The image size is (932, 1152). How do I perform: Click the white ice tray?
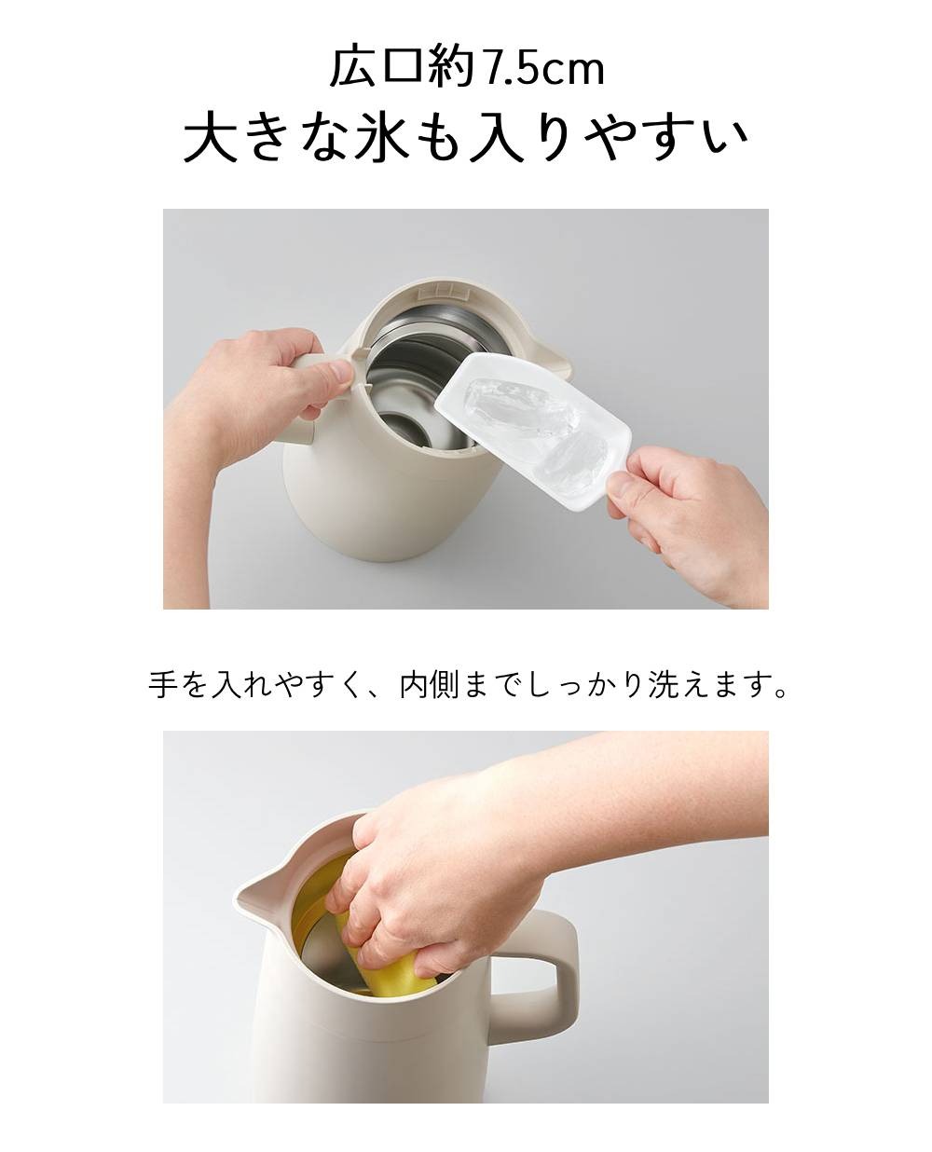pos(533,431)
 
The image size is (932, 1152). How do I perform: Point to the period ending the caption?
pos(780,694)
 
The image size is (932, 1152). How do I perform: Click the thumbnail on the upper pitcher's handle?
pos(341,371)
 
